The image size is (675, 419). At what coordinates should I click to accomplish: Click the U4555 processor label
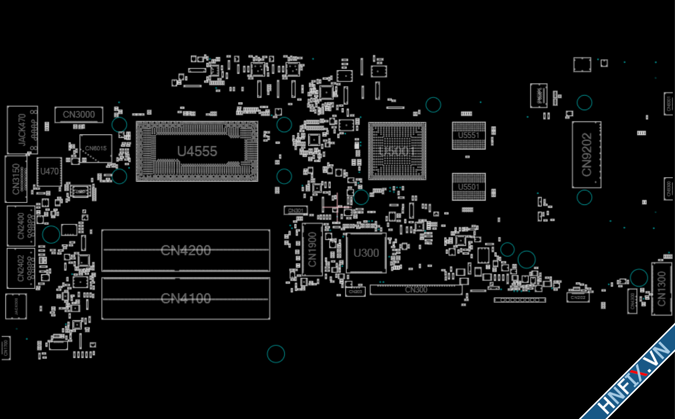(197, 151)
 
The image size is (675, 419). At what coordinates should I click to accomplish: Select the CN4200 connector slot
(185, 251)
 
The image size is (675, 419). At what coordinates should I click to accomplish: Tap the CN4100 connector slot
(185, 298)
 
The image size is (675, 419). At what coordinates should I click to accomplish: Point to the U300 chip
(366, 253)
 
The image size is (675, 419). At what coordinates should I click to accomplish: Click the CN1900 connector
(312, 250)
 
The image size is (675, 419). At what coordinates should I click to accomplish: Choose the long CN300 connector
(416, 290)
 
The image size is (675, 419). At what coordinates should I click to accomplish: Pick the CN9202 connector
(586, 154)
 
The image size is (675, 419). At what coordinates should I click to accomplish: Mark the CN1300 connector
(662, 288)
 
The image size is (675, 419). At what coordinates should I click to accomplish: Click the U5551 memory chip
(468, 135)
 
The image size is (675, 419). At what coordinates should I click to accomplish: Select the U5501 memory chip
(468, 187)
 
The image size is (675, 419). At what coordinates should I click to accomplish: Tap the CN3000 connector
(79, 115)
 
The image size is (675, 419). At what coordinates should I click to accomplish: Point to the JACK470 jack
(22, 130)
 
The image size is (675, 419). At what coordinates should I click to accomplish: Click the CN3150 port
(16, 179)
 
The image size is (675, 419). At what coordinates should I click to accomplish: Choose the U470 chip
(49, 171)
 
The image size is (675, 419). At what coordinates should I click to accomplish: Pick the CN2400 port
(21, 226)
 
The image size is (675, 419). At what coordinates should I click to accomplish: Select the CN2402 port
(21, 268)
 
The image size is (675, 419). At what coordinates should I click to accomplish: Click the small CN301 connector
(296, 211)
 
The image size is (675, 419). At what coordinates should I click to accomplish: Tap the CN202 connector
(577, 297)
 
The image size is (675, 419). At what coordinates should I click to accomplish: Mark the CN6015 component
(96, 149)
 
